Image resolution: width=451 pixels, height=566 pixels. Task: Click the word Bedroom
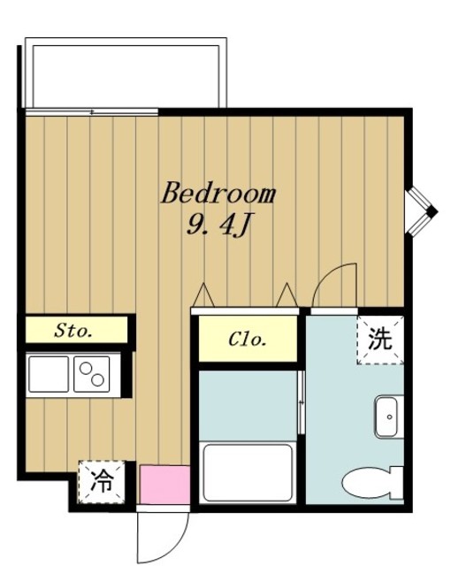tap(218, 194)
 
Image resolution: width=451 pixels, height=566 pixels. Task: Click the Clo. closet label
tap(248, 339)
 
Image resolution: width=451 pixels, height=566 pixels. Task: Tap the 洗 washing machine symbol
tap(379, 339)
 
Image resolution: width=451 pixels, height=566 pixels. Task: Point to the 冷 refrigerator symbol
tap(103, 482)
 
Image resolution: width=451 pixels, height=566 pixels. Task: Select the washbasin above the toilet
tap(387, 417)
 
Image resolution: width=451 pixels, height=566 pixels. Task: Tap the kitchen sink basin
tap(49, 375)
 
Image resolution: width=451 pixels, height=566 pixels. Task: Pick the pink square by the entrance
tap(164, 485)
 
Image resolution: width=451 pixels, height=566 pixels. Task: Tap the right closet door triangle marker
tap(286, 293)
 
